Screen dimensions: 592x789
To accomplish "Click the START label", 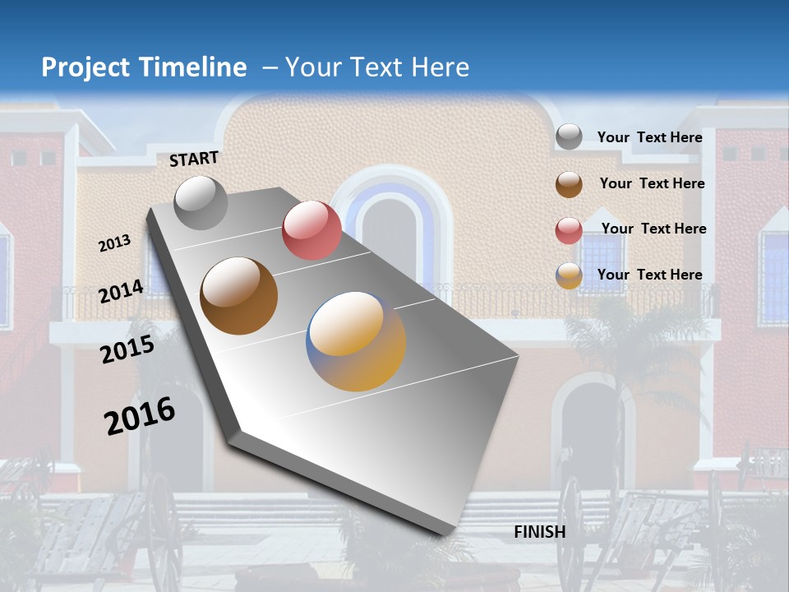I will click(x=194, y=159).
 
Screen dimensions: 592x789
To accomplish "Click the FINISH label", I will click(x=540, y=532).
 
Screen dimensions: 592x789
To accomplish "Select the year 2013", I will click(x=115, y=243).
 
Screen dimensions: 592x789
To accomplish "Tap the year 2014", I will click(x=122, y=291).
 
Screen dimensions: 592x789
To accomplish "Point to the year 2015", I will click(x=127, y=349).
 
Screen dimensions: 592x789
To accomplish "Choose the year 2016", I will click(x=140, y=415).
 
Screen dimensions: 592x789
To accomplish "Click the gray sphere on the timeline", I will click(x=201, y=202).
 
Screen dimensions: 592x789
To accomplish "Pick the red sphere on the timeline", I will click(x=311, y=229).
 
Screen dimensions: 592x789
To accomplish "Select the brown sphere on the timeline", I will click(x=239, y=296).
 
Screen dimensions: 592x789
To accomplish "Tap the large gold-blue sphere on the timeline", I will click(x=356, y=341).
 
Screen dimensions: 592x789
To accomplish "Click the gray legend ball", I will click(x=569, y=137).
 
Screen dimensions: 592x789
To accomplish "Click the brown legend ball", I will click(x=569, y=184).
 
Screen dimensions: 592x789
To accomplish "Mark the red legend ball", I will click(x=569, y=230).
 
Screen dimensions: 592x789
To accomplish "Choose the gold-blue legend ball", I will click(x=569, y=276).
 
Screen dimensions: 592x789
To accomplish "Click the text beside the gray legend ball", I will click(x=649, y=137).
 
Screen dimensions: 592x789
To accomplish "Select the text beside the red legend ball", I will click(x=653, y=229).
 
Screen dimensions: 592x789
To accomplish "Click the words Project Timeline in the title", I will click(x=144, y=67).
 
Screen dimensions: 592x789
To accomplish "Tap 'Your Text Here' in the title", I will click(x=376, y=67).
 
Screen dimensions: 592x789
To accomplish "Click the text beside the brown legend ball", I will click(x=652, y=183).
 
